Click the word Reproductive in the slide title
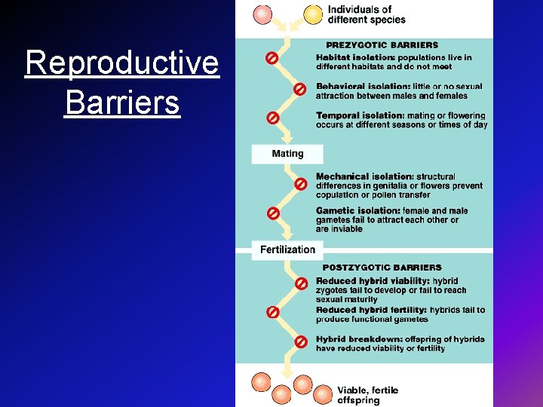[x=121, y=63]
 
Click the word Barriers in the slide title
[x=122, y=102]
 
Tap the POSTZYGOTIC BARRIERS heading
[x=382, y=267]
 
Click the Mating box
[x=287, y=154]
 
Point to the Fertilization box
[x=287, y=249]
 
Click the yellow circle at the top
[x=312, y=14]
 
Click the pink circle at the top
[x=262, y=14]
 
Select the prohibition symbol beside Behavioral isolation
[x=299, y=89]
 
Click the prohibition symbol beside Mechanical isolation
[x=299, y=183]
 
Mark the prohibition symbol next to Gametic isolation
[x=273, y=213]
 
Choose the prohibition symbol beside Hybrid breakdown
[x=300, y=341]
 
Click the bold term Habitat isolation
[x=354, y=57]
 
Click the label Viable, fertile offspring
[x=367, y=394]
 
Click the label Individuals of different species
[x=367, y=14]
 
